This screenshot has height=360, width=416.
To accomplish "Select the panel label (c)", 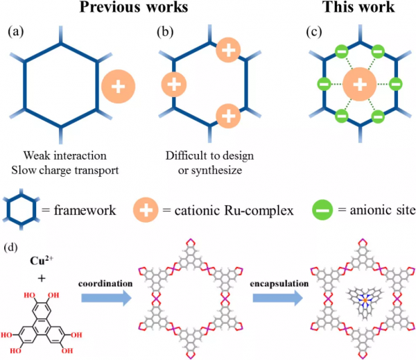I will tap(302, 32).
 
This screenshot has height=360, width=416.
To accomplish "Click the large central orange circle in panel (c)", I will tap(358, 85).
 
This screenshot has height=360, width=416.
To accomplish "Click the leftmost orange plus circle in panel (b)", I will tap(175, 85).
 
